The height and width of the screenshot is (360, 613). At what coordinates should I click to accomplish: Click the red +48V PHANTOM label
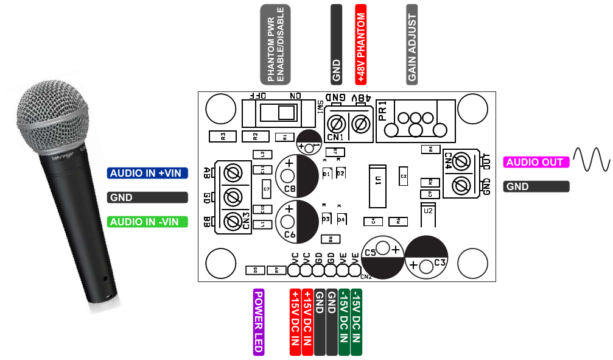pyautogui.click(x=360, y=44)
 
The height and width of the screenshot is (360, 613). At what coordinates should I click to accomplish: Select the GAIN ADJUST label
pyautogui.click(x=412, y=44)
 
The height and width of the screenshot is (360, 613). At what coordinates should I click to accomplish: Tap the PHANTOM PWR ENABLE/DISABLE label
pyautogui.click(x=275, y=44)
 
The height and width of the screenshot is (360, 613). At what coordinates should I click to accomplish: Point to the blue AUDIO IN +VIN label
pyautogui.click(x=148, y=173)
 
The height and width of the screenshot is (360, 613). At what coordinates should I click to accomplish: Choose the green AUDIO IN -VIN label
pyautogui.click(x=148, y=222)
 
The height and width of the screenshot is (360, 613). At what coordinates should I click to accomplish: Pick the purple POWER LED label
pyautogui.click(x=258, y=322)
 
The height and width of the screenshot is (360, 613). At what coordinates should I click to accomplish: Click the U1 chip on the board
pyautogui.click(x=377, y=185)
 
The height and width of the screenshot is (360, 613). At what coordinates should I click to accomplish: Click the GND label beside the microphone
pyautogui.click(x=148, y=197)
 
